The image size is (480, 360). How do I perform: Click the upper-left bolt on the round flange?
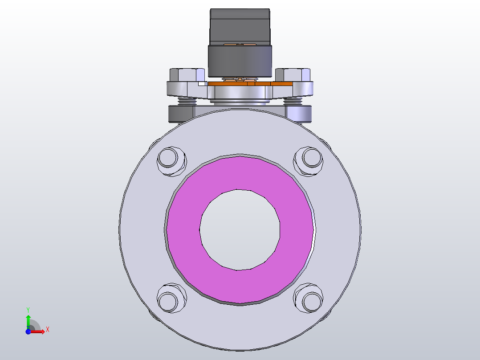coord(171,160)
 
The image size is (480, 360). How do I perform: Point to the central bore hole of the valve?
coord(240,229)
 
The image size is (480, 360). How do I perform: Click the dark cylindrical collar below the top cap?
coord(240,61)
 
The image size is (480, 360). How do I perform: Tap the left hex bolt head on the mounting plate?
coord(187,74)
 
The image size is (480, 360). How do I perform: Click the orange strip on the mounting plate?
coord(281,84)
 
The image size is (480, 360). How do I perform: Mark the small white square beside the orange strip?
coord(202,83)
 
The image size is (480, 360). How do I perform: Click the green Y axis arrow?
coord(28,320)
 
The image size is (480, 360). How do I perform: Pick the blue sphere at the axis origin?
coord(28,331)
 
